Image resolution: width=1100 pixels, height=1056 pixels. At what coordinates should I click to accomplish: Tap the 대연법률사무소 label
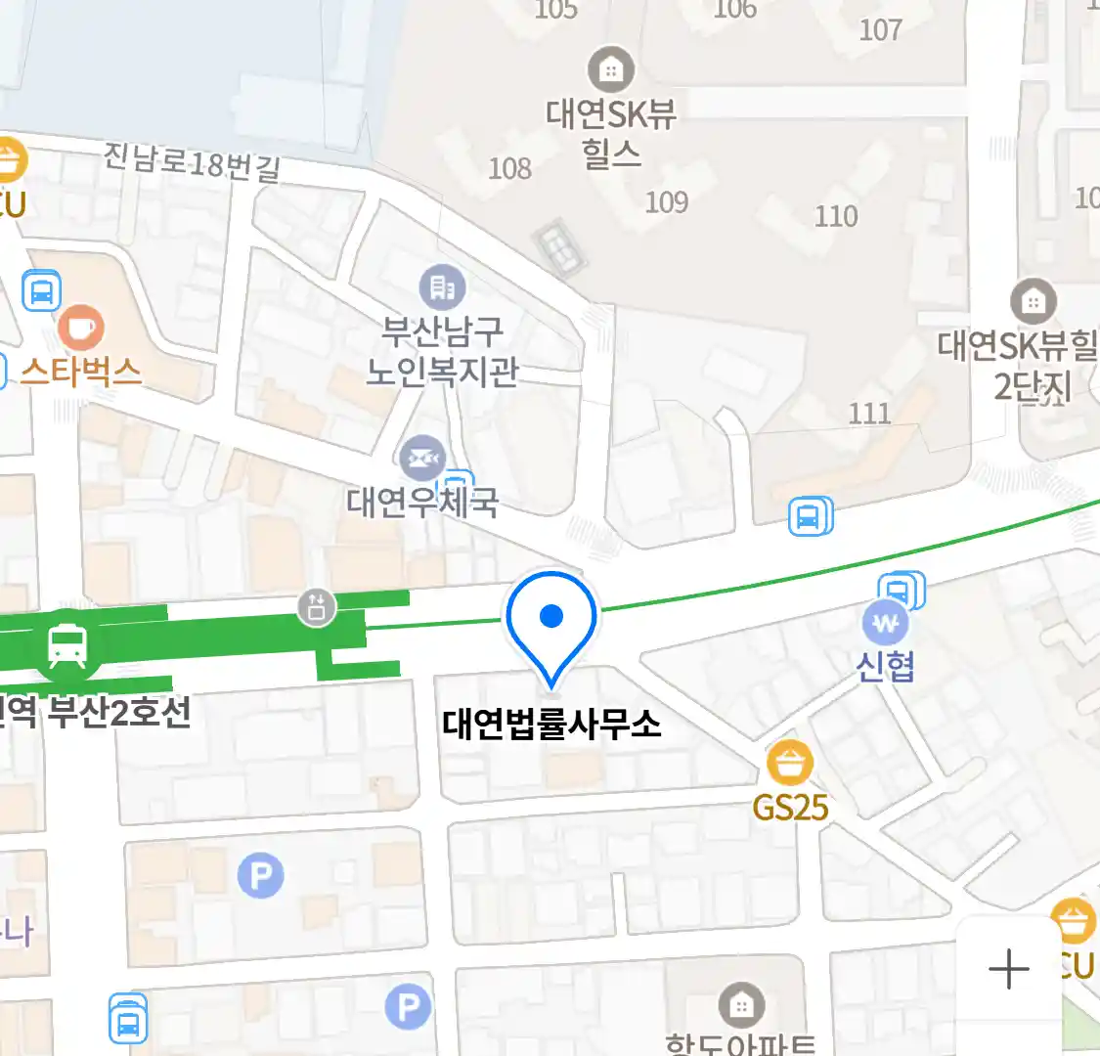[x=551, y=725]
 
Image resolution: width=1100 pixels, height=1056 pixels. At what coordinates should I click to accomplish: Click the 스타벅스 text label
[x=81, y=372]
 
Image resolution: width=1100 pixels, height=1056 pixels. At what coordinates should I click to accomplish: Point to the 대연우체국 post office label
[x=422, y=503]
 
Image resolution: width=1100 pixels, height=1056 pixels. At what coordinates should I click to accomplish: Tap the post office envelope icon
[x=422, y=458]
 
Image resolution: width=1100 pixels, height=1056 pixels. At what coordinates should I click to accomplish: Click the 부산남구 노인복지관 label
[x=442, y=351]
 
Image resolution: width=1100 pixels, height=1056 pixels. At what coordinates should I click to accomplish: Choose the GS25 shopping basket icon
[x=790, y=763]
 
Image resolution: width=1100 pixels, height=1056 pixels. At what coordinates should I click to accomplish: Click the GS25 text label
[x=790, y=808]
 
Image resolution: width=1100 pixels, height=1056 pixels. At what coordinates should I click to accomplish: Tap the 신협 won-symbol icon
[x=886, y=623]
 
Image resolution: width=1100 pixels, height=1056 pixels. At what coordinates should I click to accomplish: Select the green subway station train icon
[x=66, y=645]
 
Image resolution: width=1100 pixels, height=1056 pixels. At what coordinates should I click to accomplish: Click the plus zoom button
[x=1009, y=969]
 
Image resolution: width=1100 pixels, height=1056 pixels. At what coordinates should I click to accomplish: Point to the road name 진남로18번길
[x=193, y=162]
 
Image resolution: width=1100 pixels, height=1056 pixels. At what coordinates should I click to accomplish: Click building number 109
[x=667, y=202]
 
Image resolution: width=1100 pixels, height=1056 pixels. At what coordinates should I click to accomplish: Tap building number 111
[x=869, y=414]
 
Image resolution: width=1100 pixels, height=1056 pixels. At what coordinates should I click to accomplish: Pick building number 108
[x=509, y=168]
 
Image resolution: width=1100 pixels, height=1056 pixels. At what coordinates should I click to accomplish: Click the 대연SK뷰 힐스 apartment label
[x=611, y=133]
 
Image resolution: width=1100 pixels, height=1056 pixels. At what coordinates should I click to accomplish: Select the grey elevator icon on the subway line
[x=317, y=607]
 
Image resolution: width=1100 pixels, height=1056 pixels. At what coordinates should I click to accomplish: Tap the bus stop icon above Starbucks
[x=41, y=290]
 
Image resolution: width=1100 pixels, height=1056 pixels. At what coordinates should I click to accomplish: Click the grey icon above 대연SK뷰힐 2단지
[x=1033, y=301]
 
